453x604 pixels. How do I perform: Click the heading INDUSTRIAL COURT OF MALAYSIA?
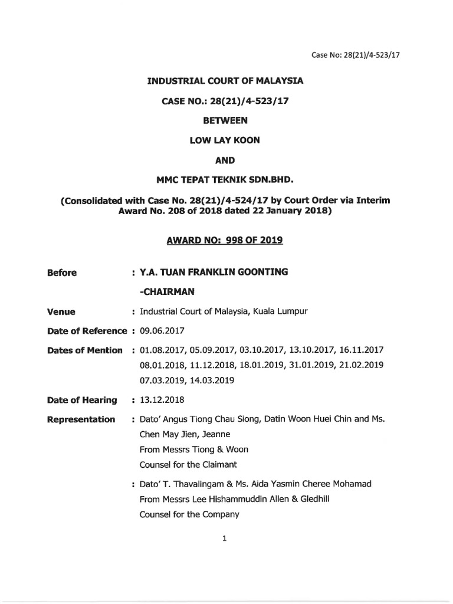pyautogui.click(x=225, y=81)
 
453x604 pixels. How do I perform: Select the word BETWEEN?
pyautogui.click(x=225, y=120)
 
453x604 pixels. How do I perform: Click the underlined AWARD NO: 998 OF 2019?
pyautogui.click(x=225, y=240)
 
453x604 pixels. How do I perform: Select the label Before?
pyautogui.click(x=62, y=273)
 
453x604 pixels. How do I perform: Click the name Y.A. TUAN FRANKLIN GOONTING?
pyautogui.click(x=214, y=272)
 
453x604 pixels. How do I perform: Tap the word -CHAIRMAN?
pyautogui.click(x=167, y=291)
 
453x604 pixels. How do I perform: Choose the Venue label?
pyautogui.click(x=61, y=311)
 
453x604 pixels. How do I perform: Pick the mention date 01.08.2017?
pyautogui.click(x=160, y=350)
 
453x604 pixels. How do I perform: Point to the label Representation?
pyautogui.click(x=81, y=419)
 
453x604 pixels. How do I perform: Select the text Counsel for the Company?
pyautogui.click(x=189, y=514)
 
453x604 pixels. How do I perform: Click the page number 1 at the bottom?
pyautogui.click(x=225, y=538)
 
